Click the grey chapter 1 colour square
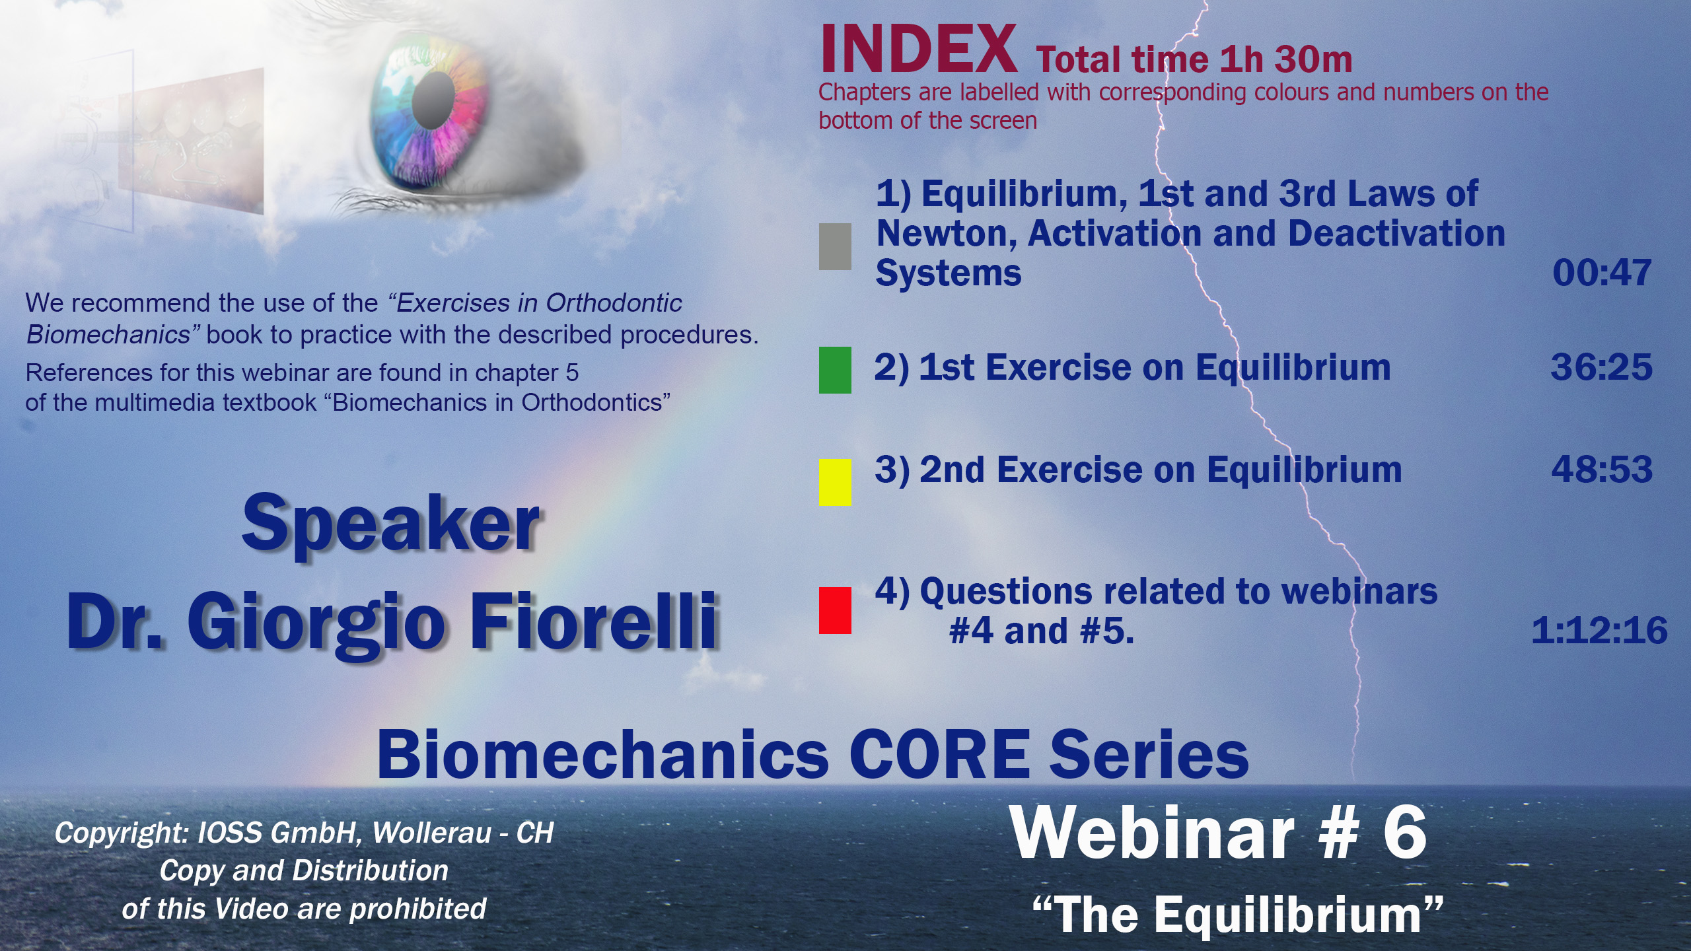pos(835,246)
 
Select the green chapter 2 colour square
pos(835,370)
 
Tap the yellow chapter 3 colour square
pos(835,482)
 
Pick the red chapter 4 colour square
pos(835,610)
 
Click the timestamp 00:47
pos(1602,273)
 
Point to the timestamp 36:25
pos(1602,367)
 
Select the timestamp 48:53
pos(1602,470)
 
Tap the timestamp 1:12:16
pos(1599,631)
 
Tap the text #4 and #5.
pos(1042,631)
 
